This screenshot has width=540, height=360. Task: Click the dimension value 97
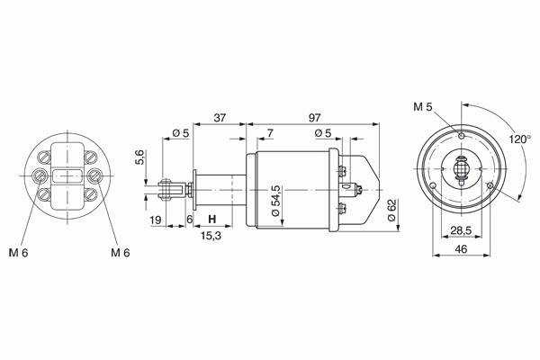[x=314, y=118]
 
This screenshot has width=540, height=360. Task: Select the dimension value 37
[x=220, y=118]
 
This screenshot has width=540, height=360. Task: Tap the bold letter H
[x=212, y=219]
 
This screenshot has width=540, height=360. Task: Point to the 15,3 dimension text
[x=211, y=236]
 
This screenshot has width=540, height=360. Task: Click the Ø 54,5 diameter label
[x=276, y=201]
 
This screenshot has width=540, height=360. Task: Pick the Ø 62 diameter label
[x=391, y=210]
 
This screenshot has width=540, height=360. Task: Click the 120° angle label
[x=520, y=139]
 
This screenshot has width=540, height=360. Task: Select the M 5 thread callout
[x=423, y=107]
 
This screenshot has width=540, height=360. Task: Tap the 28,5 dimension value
[x=461, y=230]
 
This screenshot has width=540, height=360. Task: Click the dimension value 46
[x=461, y=248]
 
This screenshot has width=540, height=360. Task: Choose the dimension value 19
[x=156, y=220]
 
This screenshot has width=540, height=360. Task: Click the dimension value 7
[x=270, y=133]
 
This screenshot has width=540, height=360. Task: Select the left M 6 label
[x=18, y=253]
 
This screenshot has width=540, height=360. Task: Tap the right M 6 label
[x=121, y=253]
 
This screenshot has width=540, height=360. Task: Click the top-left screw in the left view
[x=43, y=157]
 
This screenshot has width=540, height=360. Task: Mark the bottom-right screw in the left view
[x=91, y=194]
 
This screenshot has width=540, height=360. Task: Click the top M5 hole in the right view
[x=462, y=136]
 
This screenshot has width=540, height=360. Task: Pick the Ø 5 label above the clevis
[x=181, y=133]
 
